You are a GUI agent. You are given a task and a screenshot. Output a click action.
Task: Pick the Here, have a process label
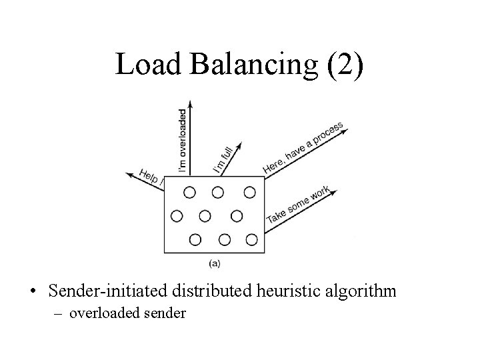point(303,147)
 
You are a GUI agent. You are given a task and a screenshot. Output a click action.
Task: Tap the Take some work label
point(298,205)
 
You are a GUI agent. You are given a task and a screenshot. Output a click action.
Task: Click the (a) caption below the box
point(215,263)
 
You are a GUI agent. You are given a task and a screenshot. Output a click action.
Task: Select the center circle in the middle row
point(205,216)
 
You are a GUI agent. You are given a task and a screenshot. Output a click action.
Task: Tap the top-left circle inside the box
point(189,193)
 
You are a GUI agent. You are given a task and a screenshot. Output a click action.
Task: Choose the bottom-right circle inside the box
point(251,239)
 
